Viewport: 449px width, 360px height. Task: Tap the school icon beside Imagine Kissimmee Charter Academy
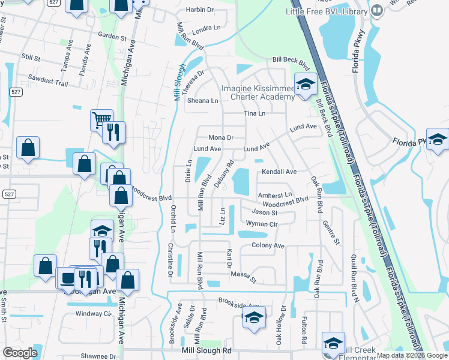pos(305,85)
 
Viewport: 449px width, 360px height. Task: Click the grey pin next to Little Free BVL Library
pos(377,10)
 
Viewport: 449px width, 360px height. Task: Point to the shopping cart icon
pos(101,119)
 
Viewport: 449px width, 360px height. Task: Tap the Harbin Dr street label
pos(199,10)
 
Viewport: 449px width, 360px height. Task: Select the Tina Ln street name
pos(254,113)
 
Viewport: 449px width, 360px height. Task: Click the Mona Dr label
pos(220,137)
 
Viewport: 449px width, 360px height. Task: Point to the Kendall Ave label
pos(279,172)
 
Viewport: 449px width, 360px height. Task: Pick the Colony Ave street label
pos(268,245)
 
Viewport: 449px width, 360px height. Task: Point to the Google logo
pos(20,353)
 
